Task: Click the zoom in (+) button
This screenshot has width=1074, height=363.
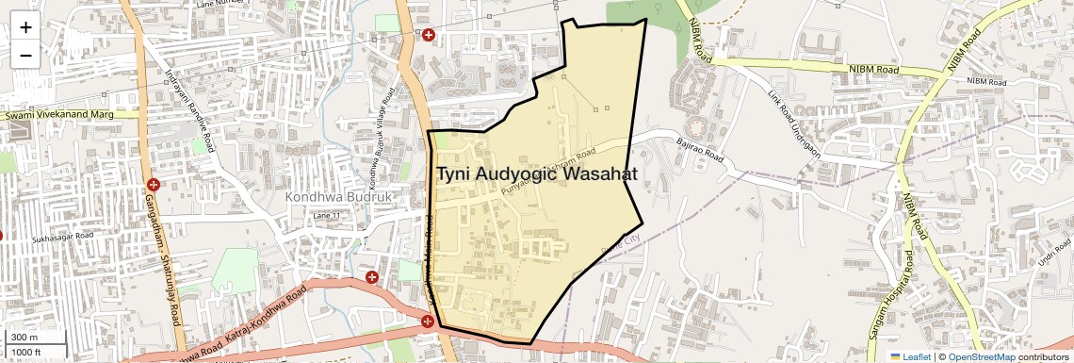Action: point(25,27)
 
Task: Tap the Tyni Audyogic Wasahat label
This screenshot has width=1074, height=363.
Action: point(536,174)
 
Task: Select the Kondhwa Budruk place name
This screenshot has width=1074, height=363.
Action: point(336,197)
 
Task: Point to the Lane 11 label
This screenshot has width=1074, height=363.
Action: point(325,216)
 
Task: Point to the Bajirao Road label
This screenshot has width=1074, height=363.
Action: point(699,148)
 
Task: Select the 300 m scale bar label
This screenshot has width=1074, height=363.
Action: point(24,338)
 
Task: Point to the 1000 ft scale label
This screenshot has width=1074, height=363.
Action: point(26,353)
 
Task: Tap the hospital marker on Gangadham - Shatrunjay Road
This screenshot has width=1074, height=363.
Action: point(153,184)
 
